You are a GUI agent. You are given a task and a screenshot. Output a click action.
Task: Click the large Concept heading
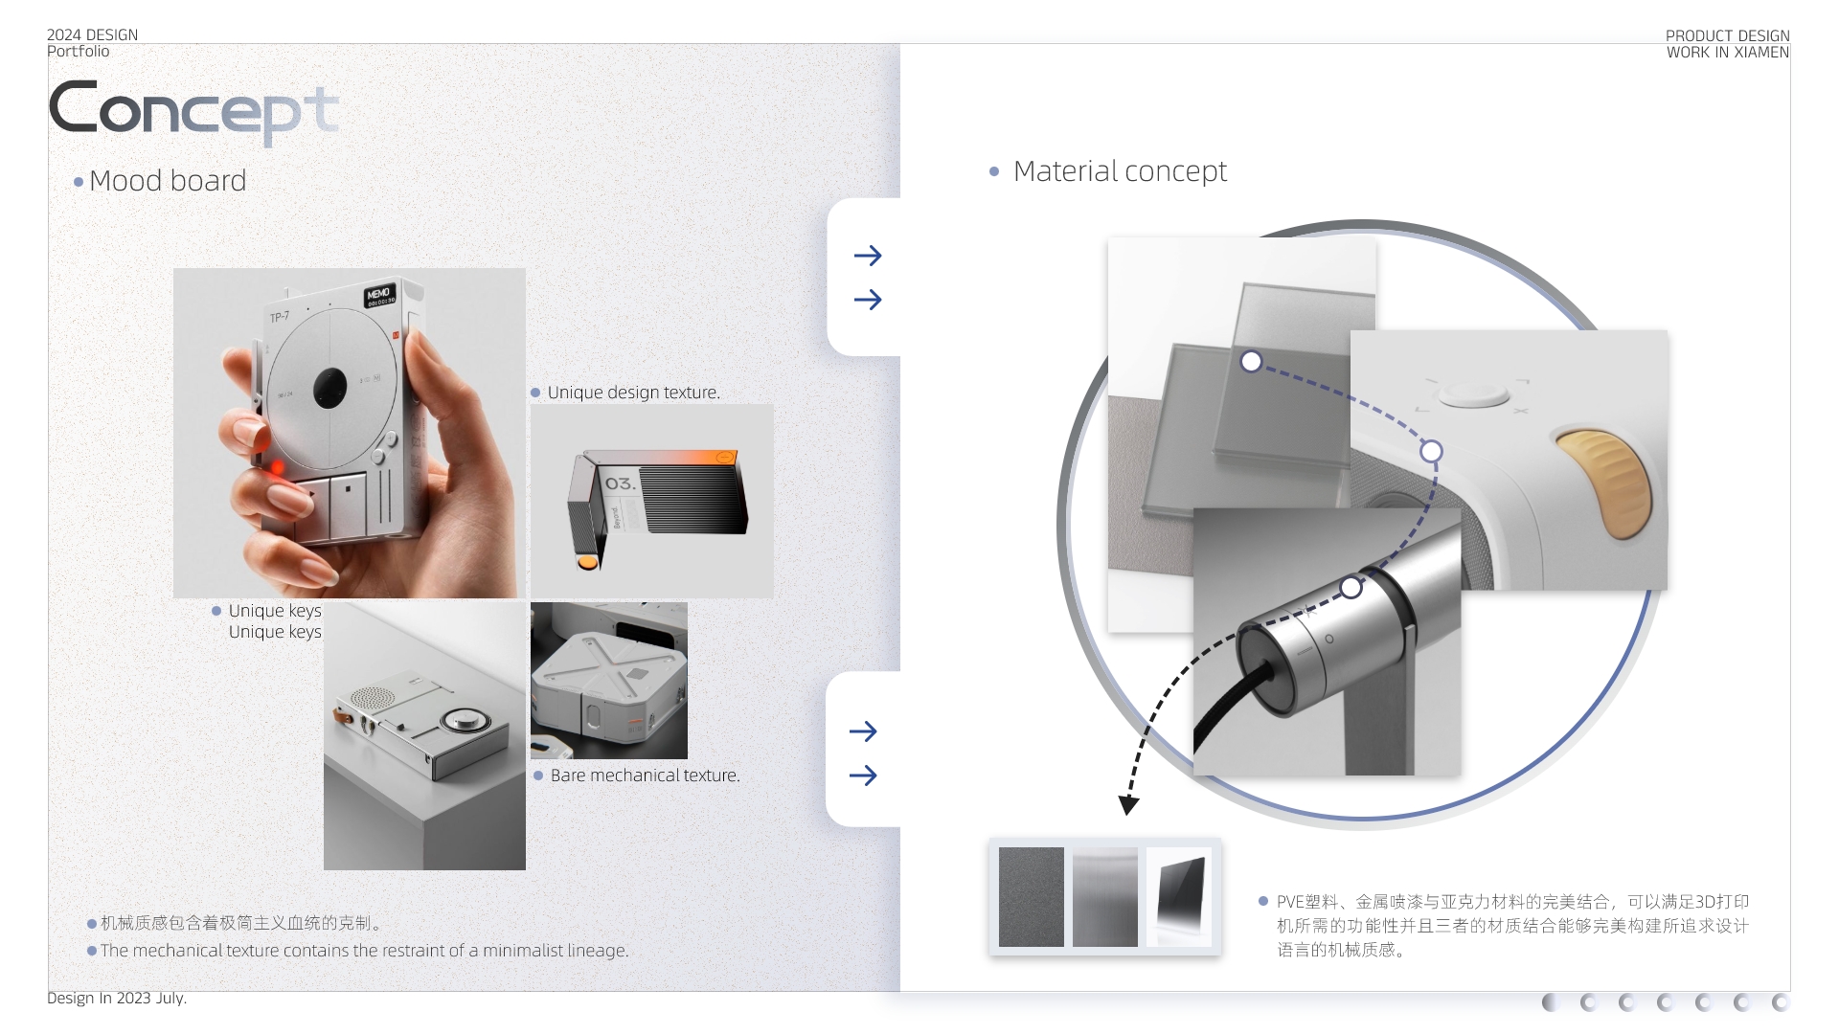192,110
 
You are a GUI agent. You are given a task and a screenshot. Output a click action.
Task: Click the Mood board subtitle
167,181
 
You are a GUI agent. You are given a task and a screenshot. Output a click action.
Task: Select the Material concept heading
1119,171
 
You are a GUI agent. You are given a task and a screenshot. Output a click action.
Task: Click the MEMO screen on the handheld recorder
379,295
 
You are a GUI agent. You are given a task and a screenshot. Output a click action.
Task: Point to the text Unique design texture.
633,393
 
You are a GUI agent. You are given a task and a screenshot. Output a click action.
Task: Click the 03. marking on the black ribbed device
620,484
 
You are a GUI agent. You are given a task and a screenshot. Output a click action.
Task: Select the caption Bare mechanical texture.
645,775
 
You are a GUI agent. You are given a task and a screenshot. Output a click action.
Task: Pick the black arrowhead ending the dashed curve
1129,804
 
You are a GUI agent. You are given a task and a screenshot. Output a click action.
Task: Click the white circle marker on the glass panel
1251,362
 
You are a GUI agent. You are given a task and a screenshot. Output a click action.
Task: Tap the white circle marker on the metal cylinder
1351,587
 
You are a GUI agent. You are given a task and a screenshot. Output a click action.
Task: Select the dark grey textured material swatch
1031,897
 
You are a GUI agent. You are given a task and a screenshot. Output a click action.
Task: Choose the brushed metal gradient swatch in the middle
1104,897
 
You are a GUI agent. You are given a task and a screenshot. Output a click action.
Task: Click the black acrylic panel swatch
1179,897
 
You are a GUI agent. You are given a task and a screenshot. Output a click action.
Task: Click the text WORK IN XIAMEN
1727,53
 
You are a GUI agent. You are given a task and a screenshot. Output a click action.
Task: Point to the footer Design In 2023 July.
117,998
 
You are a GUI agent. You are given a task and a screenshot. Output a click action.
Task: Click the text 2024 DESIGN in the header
92,34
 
